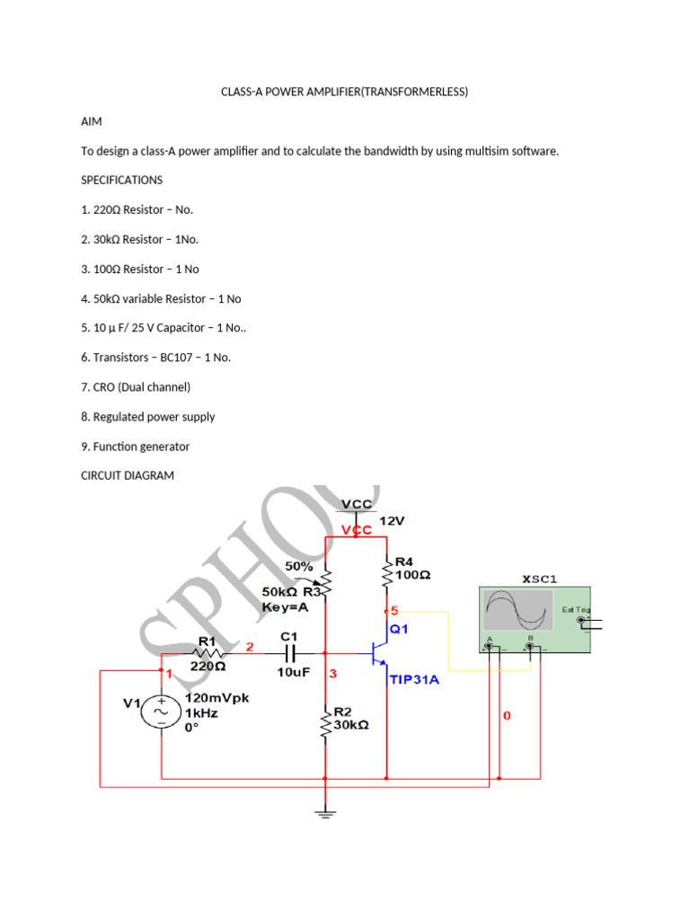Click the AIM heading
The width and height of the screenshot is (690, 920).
[91, 121]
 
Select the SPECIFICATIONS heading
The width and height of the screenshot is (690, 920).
[121, 180]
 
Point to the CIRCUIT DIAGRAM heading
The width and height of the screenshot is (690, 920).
[127, 475]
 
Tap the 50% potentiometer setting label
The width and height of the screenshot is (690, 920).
[298, 567]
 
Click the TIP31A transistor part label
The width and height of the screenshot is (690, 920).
[413, 680]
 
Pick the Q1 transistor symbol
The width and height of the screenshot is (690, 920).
[379, 654]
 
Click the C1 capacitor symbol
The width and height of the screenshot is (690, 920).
[289, 654]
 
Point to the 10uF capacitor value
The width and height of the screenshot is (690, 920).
[293, 672]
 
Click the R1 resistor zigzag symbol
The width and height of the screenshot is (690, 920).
[208, 654]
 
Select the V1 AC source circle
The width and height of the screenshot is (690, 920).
[162, 712]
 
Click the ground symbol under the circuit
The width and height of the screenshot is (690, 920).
[325, 814]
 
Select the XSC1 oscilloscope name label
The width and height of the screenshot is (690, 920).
[539, 579]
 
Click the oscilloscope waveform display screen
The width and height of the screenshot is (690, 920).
[516, 611]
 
